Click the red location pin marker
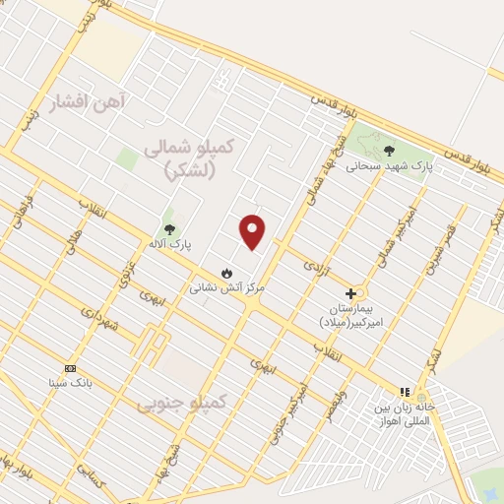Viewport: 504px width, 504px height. coord(253,231)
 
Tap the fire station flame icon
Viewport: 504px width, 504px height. coord(227,272)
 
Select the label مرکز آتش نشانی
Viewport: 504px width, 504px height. coord(227,287)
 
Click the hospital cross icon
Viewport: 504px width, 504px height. coord(350,293)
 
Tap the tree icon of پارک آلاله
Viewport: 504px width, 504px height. coord(168,226)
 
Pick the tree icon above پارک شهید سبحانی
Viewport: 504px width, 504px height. coord(389,150)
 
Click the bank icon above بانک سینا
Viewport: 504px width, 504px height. coord(69,367)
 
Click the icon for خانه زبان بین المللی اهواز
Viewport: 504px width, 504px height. coord(404,391)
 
